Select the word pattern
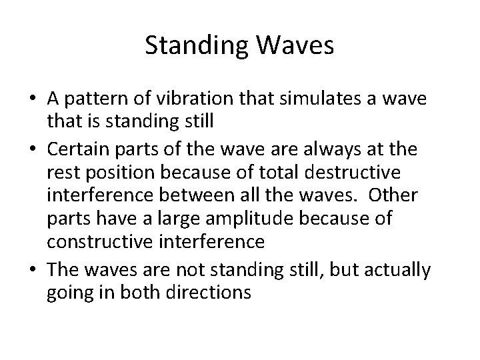click(90, 99)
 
